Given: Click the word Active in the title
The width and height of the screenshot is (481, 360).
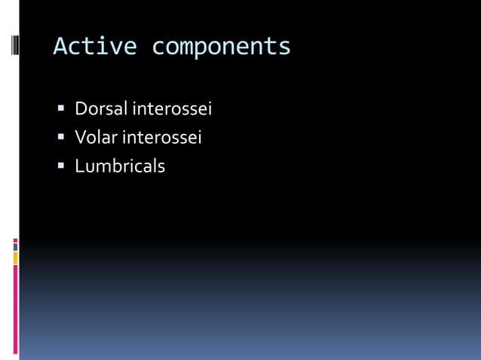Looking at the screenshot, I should point(95,47).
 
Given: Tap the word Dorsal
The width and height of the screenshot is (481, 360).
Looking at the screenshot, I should point(102,109).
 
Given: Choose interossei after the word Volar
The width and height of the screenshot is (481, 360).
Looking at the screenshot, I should point(162,138).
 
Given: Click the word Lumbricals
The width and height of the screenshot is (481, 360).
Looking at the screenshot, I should point(119,166).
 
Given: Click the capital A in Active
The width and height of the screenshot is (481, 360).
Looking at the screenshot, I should point(61,47).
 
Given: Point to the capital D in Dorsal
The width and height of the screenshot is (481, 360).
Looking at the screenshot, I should point(81,109).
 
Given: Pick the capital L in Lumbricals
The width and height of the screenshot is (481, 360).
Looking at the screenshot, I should point(79,166).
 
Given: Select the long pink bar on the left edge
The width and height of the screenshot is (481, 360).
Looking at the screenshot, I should point(15,309).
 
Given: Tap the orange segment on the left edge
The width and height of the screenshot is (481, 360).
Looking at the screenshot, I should point(15,258).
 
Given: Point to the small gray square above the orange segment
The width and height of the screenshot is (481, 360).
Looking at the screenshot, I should point(15,246).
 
